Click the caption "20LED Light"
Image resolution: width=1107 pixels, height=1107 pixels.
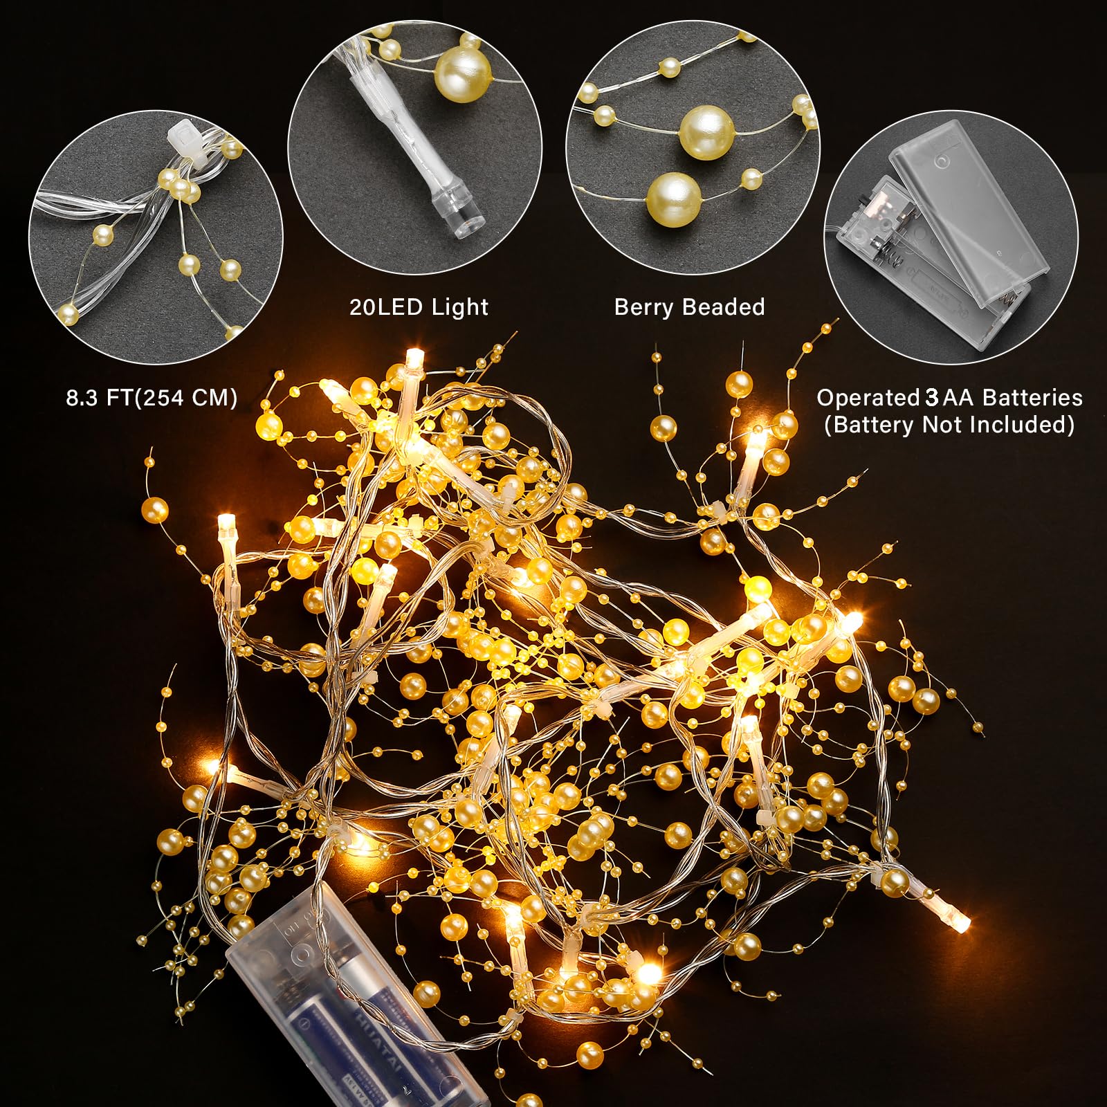tap(419, 307)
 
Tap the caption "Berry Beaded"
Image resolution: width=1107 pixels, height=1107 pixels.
tap(689, 307)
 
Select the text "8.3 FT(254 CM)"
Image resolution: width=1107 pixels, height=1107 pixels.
tap(152, 398)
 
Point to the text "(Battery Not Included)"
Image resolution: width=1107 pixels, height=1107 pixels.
tap(949, 424)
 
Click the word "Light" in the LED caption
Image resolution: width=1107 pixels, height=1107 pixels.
tap(460, 307)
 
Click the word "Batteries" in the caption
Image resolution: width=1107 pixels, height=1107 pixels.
tap(1032, 398)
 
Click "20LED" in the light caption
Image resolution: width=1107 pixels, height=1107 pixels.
tap(387, 307)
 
